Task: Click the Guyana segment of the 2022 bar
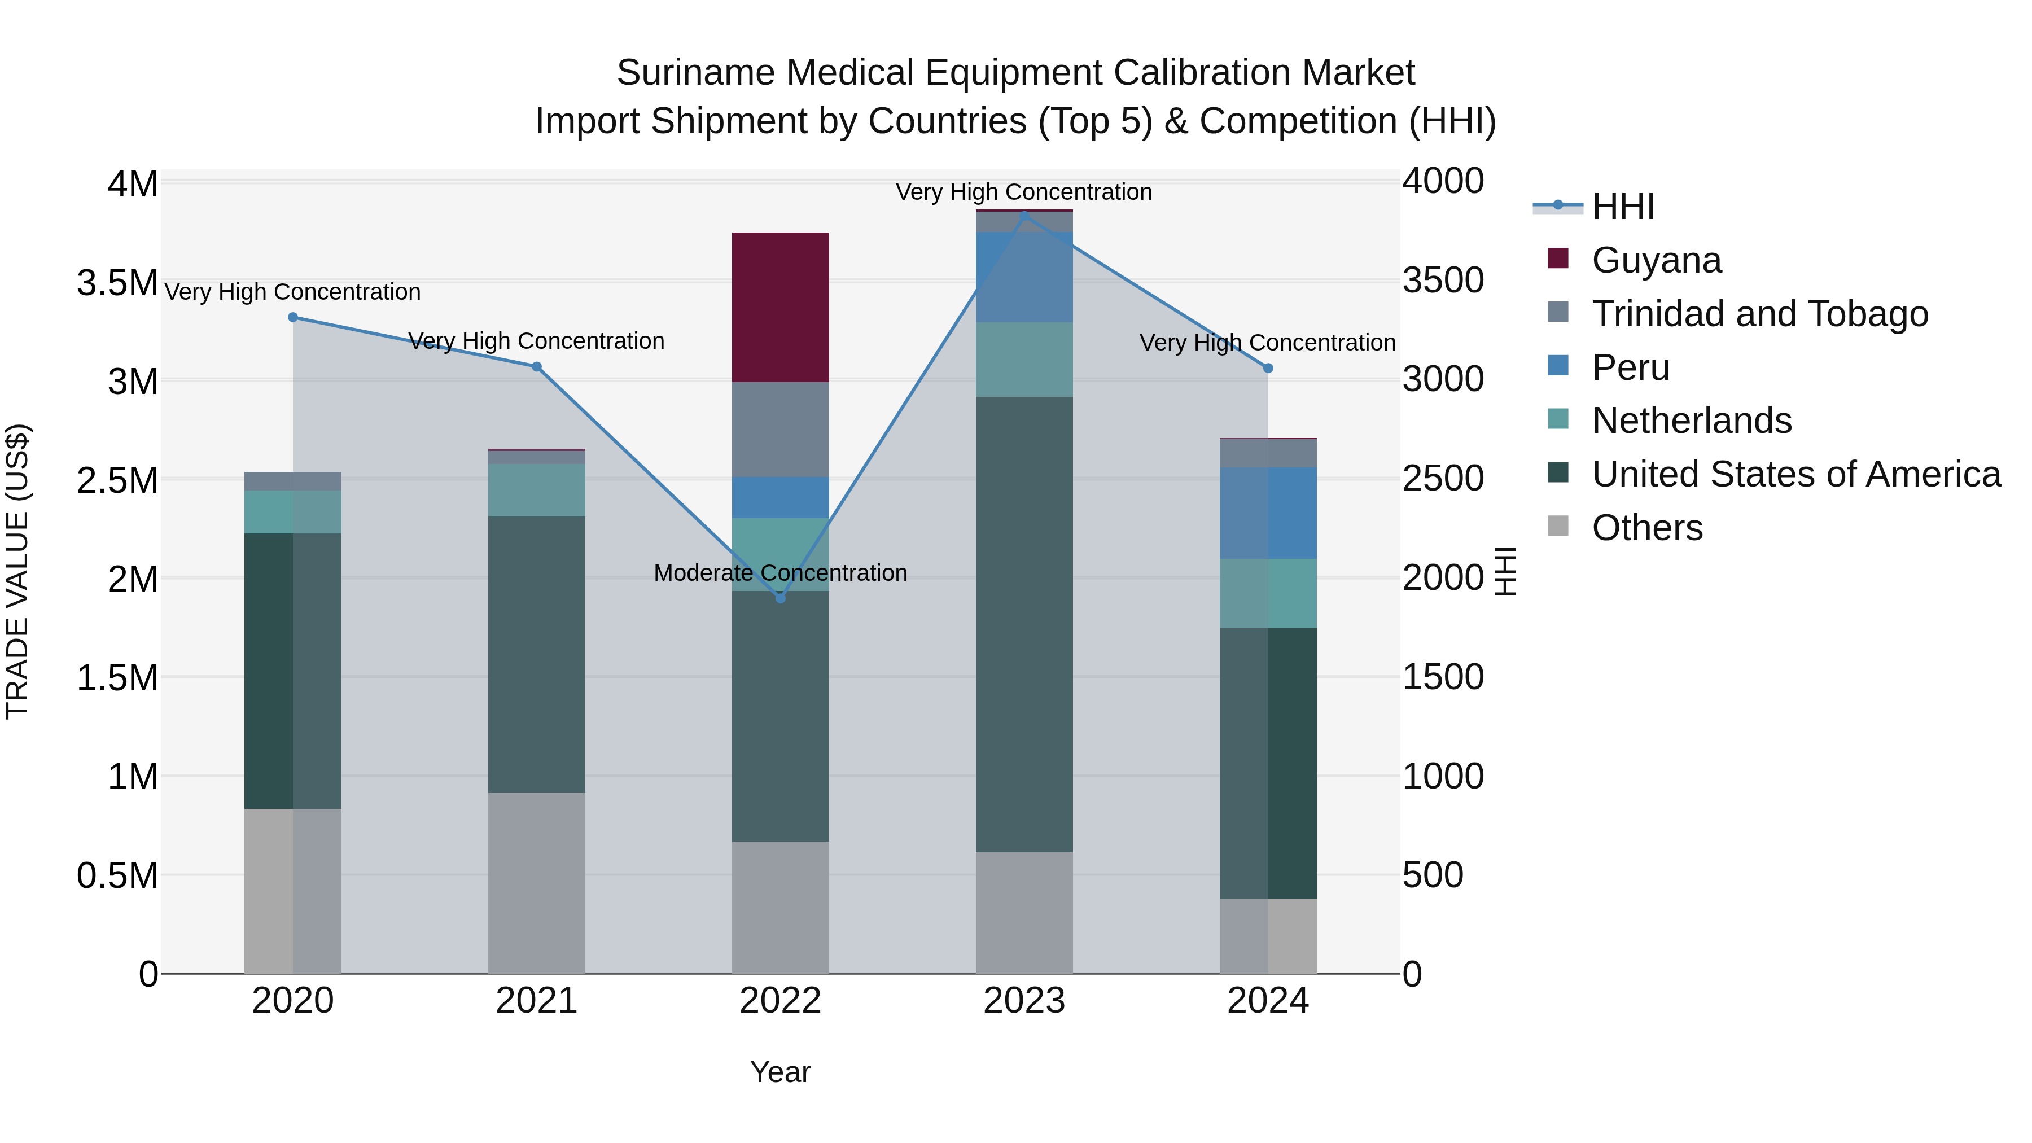coord(780,307)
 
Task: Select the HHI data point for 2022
coord(780,598)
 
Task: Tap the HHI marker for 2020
coord(292,317)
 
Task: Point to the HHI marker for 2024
coord(1268,369)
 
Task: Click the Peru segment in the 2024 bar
coord(1268,513)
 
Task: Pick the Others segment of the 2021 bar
coord(536,883)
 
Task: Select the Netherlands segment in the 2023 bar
coord(1024,359)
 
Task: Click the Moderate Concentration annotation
coord(780,573)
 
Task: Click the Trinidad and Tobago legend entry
coord(1759,314)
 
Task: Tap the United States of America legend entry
coord(1795,474)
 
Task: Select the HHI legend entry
coord(1623,207)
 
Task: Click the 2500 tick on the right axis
coord(1443,478)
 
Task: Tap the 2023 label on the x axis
coord(1024,1001)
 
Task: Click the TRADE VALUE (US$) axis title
coord(18,571)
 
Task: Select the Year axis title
coord(780,1072)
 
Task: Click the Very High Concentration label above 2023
coord(1023,192)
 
